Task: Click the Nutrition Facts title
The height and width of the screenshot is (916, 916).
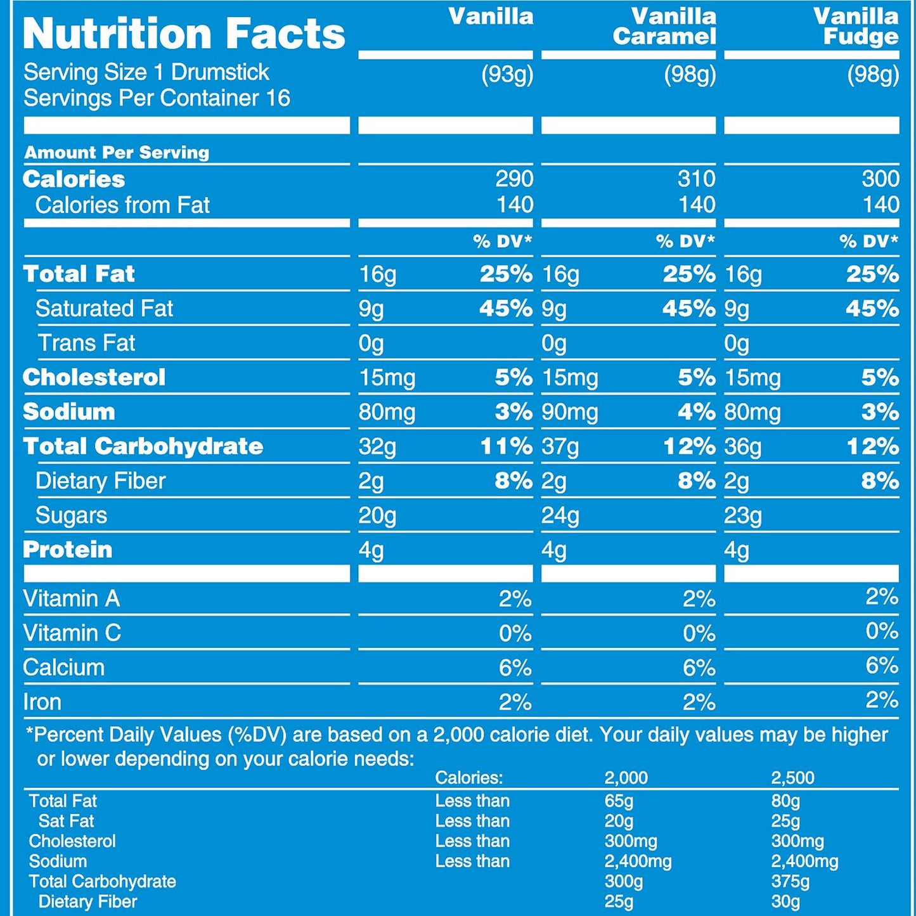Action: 184,34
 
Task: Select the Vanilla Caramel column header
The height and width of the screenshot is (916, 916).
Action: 665,27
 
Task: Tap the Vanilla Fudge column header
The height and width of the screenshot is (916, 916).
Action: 856,27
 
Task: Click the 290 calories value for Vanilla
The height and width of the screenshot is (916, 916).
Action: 514,179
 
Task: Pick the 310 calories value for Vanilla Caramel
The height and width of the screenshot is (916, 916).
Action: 697,179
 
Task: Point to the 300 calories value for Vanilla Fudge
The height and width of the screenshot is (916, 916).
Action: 880,179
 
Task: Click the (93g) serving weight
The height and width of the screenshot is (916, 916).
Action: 507,75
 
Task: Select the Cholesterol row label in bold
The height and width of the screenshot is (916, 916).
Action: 94,377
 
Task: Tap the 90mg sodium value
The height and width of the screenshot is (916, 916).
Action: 570,412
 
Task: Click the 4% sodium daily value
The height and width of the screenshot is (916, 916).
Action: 697,412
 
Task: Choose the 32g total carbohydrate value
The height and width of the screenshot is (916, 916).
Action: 377,446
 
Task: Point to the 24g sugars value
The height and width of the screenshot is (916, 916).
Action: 560,515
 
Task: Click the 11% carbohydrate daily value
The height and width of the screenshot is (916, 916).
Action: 506,446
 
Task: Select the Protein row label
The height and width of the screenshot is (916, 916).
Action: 68,550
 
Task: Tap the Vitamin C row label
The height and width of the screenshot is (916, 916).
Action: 72,633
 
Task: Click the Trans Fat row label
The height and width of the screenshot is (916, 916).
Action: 86,343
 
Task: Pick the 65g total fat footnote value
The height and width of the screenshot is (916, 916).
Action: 619,801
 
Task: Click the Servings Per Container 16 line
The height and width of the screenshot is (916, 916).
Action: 157,98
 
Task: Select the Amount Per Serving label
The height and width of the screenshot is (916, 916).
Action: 117,152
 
